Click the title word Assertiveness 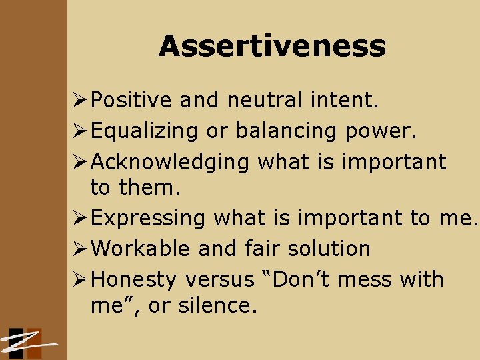272,47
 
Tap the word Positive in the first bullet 131,101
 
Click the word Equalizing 144,131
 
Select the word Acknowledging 170,162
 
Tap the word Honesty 134,279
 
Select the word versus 219,279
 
